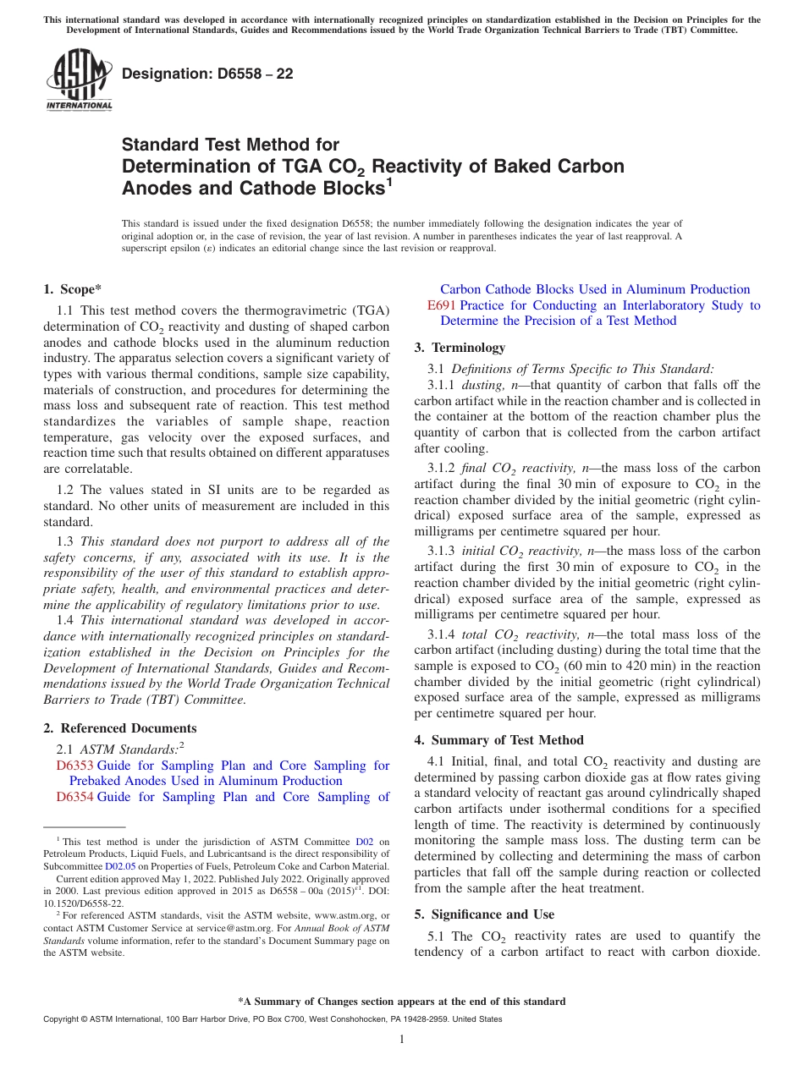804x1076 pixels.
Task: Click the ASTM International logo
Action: (79, 80)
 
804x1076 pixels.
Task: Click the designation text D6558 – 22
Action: (207, 74)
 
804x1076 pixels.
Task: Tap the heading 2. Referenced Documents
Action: (120, 728)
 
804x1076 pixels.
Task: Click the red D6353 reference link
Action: (74, 766)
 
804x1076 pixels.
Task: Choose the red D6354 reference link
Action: (74, 797)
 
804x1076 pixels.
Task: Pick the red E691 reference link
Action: (442, 305)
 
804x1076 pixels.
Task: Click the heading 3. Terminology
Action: (460, 348)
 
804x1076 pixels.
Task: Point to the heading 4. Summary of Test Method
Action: (499, 740)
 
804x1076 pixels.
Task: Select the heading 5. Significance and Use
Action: (484, 914)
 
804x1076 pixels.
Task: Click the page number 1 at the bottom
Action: (402, 1040)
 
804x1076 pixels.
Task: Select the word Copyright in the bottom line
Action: (63, 1019)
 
